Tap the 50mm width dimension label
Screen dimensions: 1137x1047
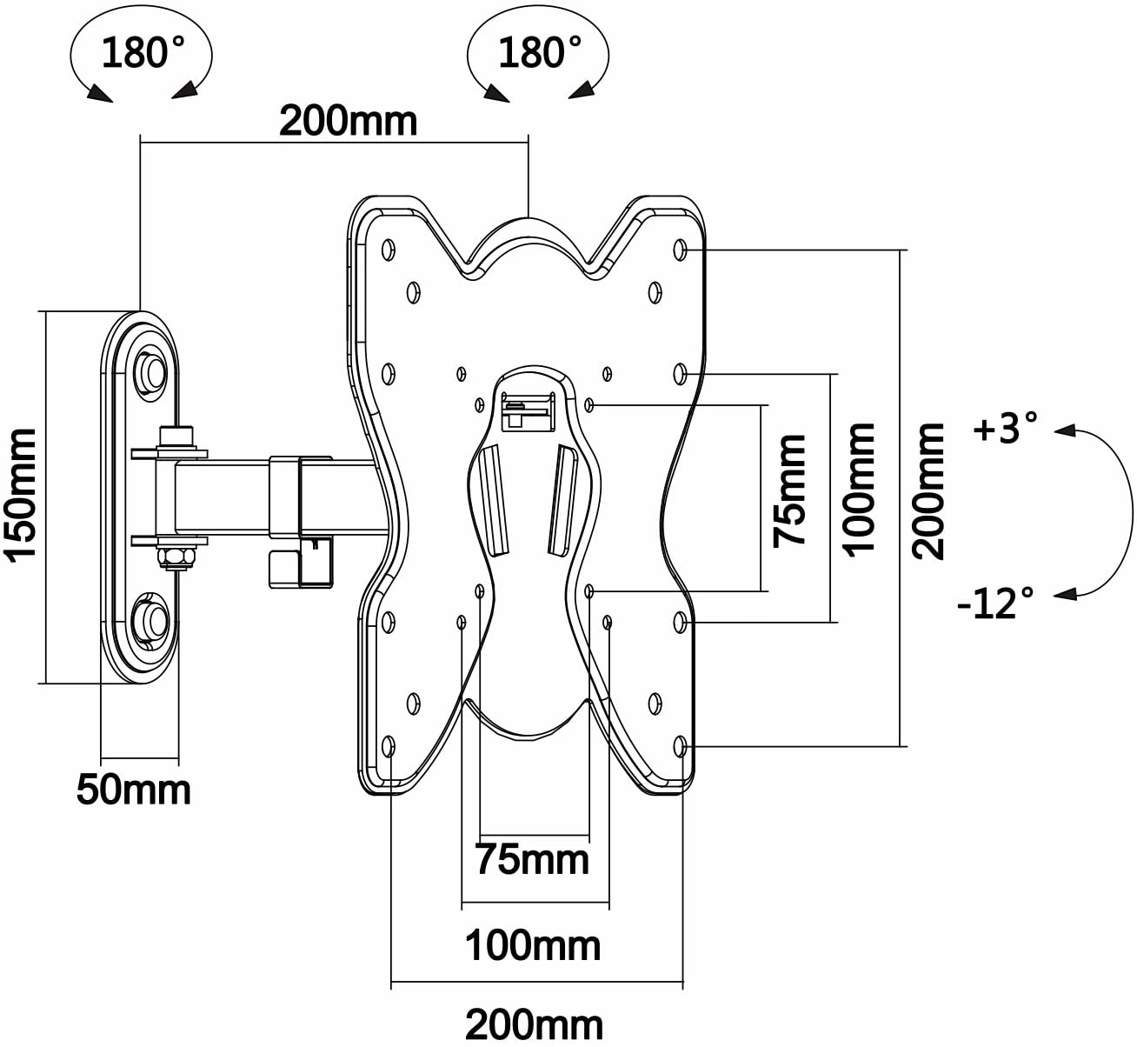[x=134, y=790]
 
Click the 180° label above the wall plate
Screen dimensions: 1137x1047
[x=143, y=52]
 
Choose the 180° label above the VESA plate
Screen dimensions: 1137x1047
[x=540, y=52]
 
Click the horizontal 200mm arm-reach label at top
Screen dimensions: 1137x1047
[x=348, y=121]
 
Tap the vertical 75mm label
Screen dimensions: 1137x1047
[x=789, y=491]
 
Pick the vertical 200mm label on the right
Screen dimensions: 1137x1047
[x=928, y=491]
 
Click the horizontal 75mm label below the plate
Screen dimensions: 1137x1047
[x=532, y=860]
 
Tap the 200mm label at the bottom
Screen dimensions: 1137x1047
[x=535, y=1025]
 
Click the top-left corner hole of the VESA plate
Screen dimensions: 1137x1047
[x=389, y=250]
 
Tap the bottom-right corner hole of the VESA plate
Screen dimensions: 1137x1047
[x=680, y=746]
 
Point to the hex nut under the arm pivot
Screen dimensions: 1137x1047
[x=176, y=557]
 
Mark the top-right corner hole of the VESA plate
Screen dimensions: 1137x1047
[x=680, y=250]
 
